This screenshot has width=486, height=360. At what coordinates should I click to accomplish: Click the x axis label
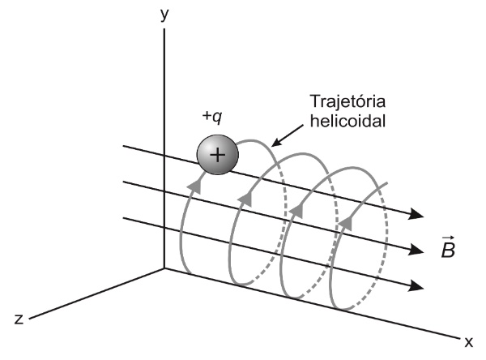point(467,341)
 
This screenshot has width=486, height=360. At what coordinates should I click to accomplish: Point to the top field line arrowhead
point(416,215)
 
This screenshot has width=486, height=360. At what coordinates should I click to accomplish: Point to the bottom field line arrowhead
point(416,285)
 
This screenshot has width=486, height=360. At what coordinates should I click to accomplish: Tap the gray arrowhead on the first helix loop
point(194,186)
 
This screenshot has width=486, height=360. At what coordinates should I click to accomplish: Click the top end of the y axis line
point(164,29)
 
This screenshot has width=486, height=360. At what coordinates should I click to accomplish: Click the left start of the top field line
point(123,147)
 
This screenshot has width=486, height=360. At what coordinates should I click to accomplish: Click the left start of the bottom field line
point(123,216)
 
